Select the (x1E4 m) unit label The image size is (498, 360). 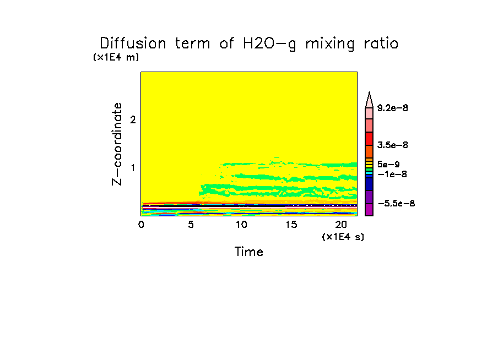pos(116,57)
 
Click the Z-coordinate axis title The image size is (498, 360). pos(117,144)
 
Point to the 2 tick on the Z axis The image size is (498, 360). pos(133,120)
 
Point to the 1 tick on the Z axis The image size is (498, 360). pos(133,168)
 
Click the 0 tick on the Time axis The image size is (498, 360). pos(141,225)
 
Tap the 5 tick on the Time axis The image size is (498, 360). pos(191,225)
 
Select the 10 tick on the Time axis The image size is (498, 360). pos(241,225)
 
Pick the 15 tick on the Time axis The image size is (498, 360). pos(291,225)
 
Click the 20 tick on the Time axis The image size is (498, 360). pos(341,225)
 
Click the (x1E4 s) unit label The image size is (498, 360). pos(343,237)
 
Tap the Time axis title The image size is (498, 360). pos(249,252)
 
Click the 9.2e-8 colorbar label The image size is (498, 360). pos(393,108)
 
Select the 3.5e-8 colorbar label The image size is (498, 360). pos(393,145)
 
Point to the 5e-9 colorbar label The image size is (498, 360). pos(389,165)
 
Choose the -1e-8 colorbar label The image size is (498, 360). pos(392,174)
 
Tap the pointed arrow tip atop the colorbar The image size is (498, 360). pos(370,95)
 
